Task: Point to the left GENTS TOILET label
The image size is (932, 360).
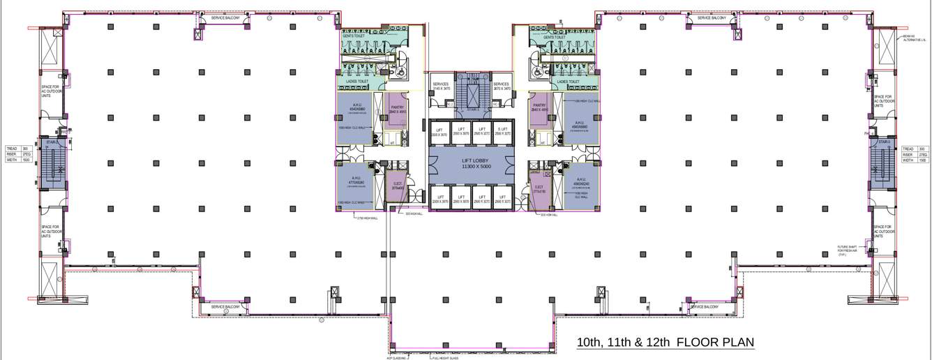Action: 354,36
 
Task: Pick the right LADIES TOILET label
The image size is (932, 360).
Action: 569,82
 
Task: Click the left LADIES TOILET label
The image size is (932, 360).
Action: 356,82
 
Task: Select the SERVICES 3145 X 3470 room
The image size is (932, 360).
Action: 441,87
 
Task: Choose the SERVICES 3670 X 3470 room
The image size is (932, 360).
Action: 502,87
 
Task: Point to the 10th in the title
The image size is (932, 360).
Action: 589,343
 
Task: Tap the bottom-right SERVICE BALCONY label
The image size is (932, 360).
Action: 704,307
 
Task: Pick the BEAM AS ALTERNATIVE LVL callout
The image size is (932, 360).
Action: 914,38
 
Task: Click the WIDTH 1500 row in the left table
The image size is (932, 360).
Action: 17,160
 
